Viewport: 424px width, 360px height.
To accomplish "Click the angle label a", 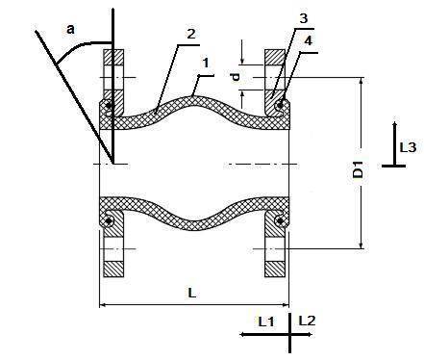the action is (x=70, y=29).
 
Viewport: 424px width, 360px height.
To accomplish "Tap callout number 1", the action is (x=206, y=63).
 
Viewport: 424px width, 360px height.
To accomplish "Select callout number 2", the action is (x=191, y=34).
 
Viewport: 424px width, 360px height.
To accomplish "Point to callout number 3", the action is (x=303, y=18).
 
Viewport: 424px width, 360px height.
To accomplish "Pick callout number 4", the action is (x=309, y=41).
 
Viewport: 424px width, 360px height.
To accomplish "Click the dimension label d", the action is (x=237, y=77).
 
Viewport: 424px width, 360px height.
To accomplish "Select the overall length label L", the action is (x=191, y=293).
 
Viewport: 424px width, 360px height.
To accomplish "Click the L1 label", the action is (x=266, y=321).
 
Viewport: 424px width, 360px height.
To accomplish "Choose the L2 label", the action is (x=307, y=321).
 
